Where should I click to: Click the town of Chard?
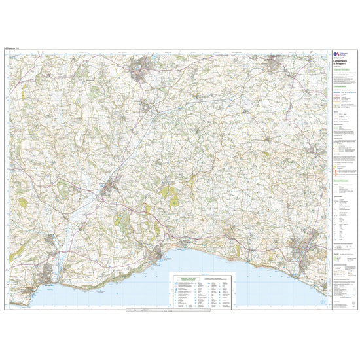[143, 67]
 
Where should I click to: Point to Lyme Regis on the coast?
[160, 253]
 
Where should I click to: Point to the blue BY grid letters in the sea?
[203, 270]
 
